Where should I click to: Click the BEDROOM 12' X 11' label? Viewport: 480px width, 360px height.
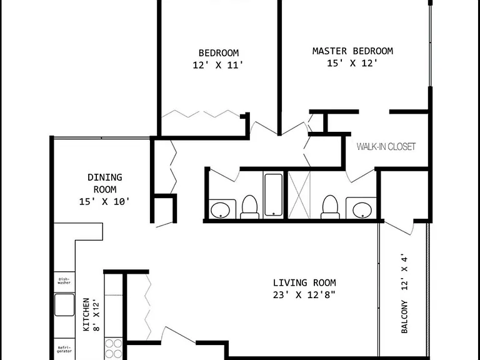pos(218,59)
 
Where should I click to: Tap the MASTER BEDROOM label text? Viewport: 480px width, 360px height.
pos(352,51)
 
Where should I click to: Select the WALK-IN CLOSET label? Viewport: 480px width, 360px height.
pos(386,146)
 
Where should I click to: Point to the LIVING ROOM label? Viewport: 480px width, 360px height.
pos(304,282)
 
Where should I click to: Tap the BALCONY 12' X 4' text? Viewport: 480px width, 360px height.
pos(404,293)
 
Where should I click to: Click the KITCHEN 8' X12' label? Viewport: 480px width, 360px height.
pos(91,314)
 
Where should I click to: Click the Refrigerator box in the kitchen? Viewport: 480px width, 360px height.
pos(64,349)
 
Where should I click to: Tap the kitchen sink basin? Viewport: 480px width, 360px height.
pos(64,305)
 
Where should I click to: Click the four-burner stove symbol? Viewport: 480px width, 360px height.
pos(114,349)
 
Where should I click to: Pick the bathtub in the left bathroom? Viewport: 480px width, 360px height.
pos(273,195)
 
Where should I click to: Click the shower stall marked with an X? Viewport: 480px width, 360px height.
pos(299,195)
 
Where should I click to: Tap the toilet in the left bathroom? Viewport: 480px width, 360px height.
pos(249,207)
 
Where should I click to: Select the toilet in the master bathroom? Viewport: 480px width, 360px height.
pos(330,207)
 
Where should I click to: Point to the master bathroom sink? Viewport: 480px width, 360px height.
pos(362,210)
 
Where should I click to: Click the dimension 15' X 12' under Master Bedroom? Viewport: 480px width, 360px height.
pos(352,63)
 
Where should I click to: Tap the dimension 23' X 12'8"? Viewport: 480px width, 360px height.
pos(304,294)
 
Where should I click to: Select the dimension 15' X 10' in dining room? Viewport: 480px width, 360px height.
pos(104,202)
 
